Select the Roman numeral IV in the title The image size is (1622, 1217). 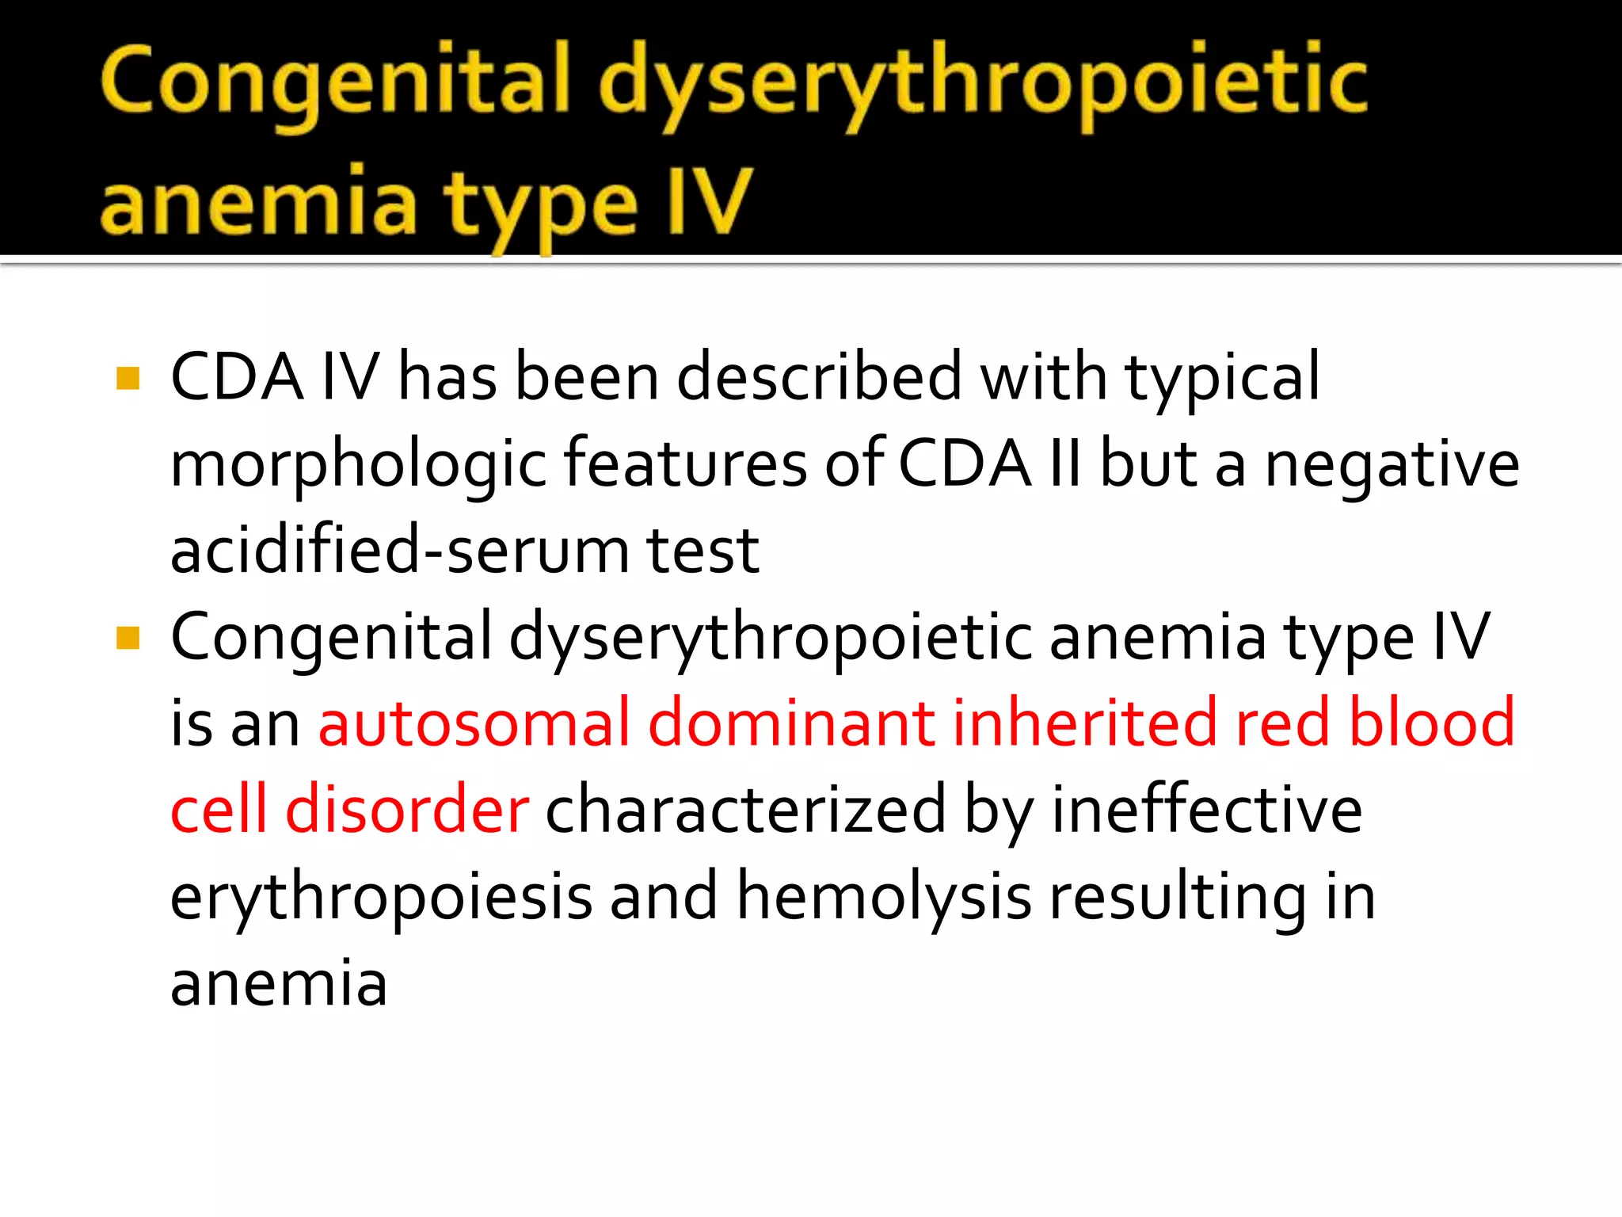[x=709, y=202]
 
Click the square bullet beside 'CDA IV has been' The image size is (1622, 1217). [x=128, y=378]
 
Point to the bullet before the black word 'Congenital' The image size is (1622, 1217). [x=128, y=638]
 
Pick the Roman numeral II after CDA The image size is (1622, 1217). [x=1065, y=464]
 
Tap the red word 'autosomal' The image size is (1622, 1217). [x=474, y=723]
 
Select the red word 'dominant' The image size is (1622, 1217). [x=791, y=723]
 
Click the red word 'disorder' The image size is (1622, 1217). [x=407, y=809]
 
